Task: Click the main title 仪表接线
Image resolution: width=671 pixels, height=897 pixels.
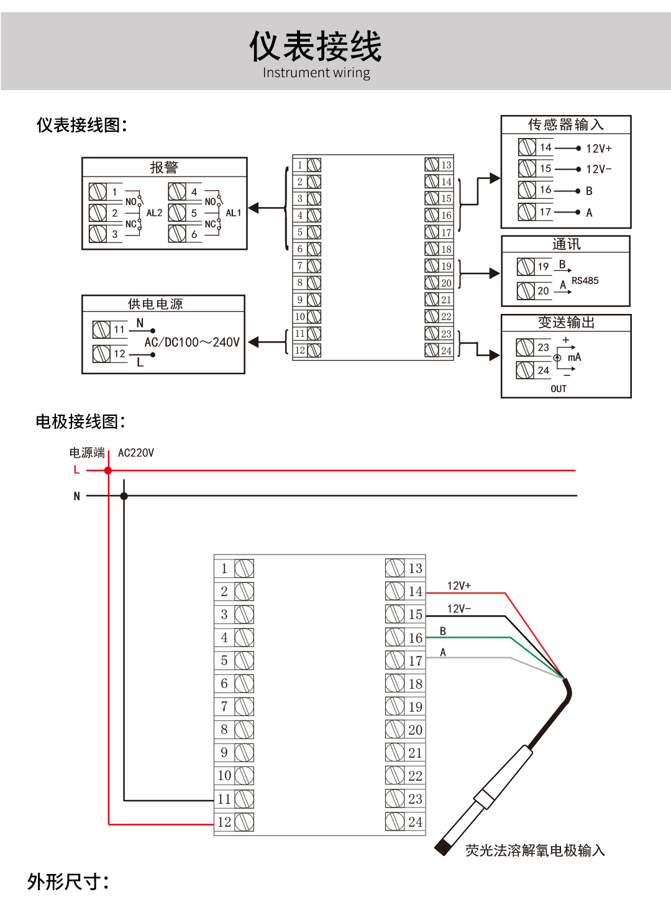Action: point(315,47)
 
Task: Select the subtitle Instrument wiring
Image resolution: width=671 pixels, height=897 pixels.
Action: point(316,73)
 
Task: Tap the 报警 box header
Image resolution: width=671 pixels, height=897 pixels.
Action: point(164,167)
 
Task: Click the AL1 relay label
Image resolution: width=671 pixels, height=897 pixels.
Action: point(234,213)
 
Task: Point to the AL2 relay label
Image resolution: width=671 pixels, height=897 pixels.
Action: point(154,213)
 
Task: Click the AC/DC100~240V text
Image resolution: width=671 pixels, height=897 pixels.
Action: point(191,343)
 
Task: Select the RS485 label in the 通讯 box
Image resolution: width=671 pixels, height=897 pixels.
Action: point(585,281)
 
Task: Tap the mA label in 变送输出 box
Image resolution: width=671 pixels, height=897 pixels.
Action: point(575,357)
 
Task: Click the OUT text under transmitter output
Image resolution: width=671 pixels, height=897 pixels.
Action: point(559,389)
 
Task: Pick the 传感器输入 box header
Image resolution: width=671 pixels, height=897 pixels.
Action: point(565,124)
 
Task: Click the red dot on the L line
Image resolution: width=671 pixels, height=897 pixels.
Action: point(108,471)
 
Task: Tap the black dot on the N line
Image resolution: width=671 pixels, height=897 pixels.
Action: point(124,496)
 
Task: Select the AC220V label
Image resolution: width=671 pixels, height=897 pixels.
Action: point(136,453)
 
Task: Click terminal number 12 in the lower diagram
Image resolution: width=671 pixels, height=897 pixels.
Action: point(224,822)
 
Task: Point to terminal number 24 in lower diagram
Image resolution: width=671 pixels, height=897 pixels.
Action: point(415,822)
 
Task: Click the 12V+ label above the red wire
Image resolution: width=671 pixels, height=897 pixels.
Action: point(459,586)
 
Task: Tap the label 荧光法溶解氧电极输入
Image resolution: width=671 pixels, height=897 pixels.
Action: point(535,850)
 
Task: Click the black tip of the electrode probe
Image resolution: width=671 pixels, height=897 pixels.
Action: point(442,847)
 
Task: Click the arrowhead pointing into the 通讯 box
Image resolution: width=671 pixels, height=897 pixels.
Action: point(495,274)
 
